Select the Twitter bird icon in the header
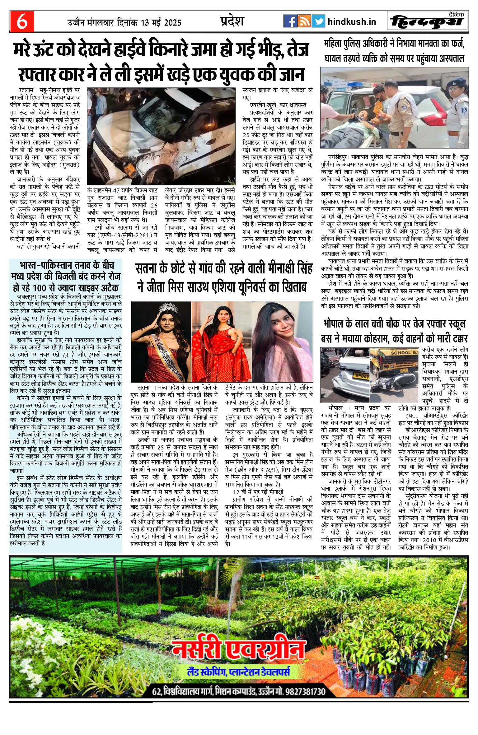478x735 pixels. tap(318, 21)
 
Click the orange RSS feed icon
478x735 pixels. tap(304, 21)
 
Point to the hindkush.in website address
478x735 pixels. tap(352, 22)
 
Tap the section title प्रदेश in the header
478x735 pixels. tap(232, 21)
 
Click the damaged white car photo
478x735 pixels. tap(161, 136)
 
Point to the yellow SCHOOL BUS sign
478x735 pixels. tap(404, 353)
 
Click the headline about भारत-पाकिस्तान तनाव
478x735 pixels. tap(66, 276)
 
